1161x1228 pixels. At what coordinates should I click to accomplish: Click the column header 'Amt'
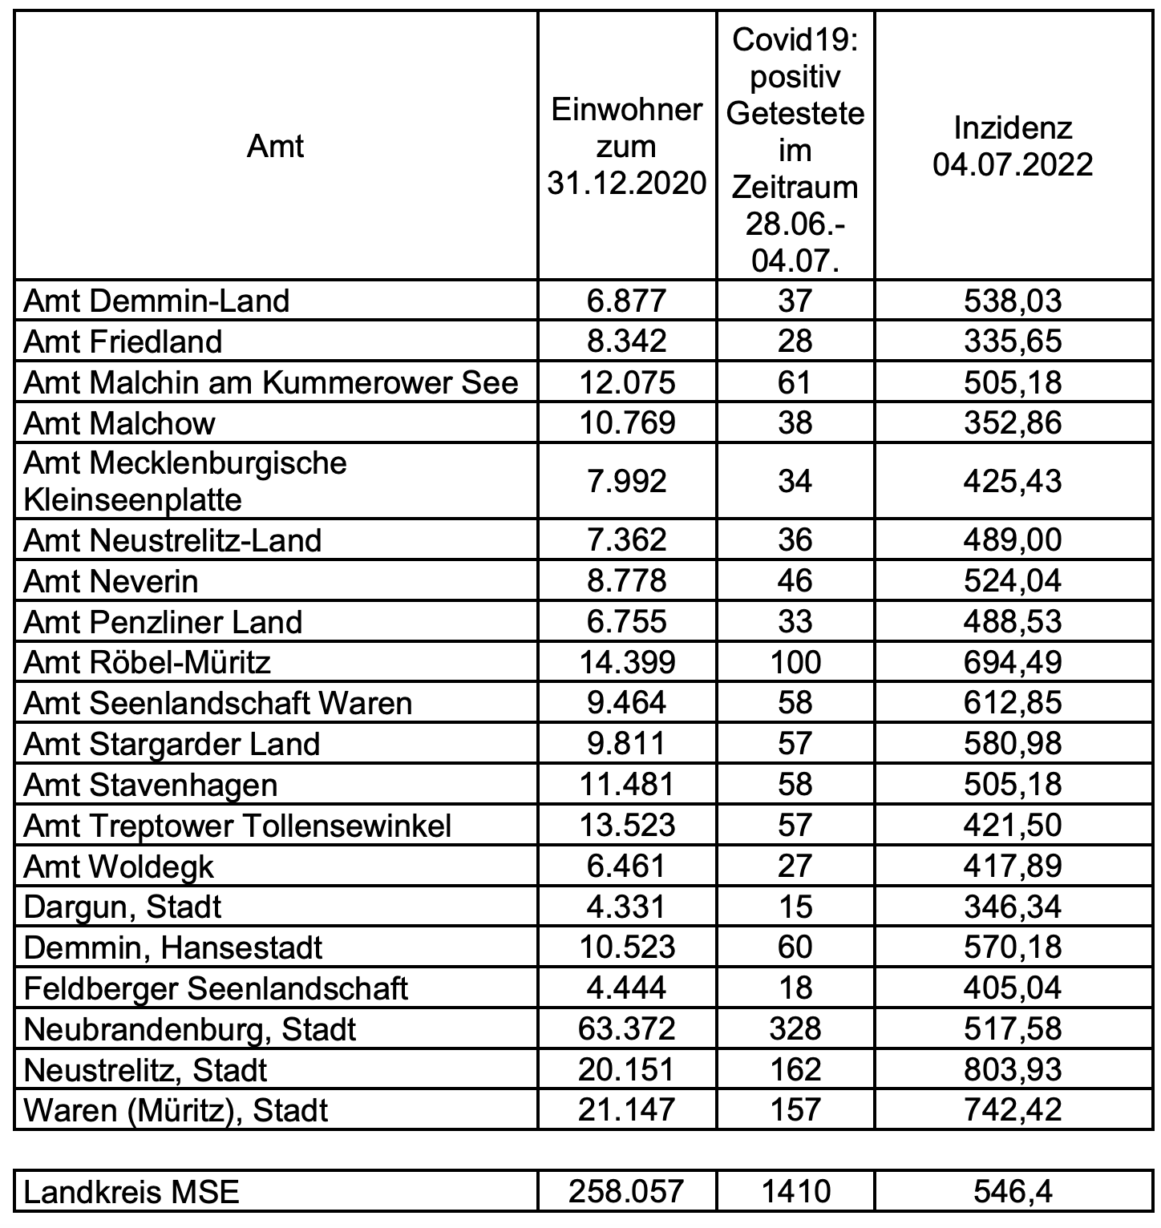pos(275,147)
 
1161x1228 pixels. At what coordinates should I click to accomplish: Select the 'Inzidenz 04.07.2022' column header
pos(1013,147)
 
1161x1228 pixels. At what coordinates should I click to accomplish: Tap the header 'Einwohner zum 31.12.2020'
pos(626,147)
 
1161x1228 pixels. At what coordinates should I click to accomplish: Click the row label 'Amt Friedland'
pos(123,341)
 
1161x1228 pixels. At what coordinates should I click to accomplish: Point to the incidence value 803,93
pos(1013,1069)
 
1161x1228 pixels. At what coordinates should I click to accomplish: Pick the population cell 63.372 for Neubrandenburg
pos(626,1028)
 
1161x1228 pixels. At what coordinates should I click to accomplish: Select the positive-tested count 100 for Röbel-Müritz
pos(795,662)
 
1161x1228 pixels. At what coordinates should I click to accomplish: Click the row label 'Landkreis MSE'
pos(131,1192)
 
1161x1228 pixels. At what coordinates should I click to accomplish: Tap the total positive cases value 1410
pos(795,1192)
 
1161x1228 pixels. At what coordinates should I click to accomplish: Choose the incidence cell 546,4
pos(1013,1192)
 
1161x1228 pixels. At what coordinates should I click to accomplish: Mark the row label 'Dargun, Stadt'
pos(123,907)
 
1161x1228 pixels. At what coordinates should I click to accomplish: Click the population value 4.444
pos(626,988)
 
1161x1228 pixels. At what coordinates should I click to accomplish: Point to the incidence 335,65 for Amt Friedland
pos(1013,341)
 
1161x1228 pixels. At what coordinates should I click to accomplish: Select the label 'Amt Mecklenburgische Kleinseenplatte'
pos(185,481)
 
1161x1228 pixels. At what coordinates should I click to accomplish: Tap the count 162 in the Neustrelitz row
pos(795,1069)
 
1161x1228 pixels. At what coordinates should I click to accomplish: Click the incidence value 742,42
pos(1013,1110)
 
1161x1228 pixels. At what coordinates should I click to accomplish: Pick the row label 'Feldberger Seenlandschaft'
pos(216,988)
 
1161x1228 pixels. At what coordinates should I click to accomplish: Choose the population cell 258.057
pos(626,1192)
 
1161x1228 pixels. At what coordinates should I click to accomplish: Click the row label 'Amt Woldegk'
pos(119,866)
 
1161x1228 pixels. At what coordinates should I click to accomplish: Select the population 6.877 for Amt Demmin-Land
pos(626,301)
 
